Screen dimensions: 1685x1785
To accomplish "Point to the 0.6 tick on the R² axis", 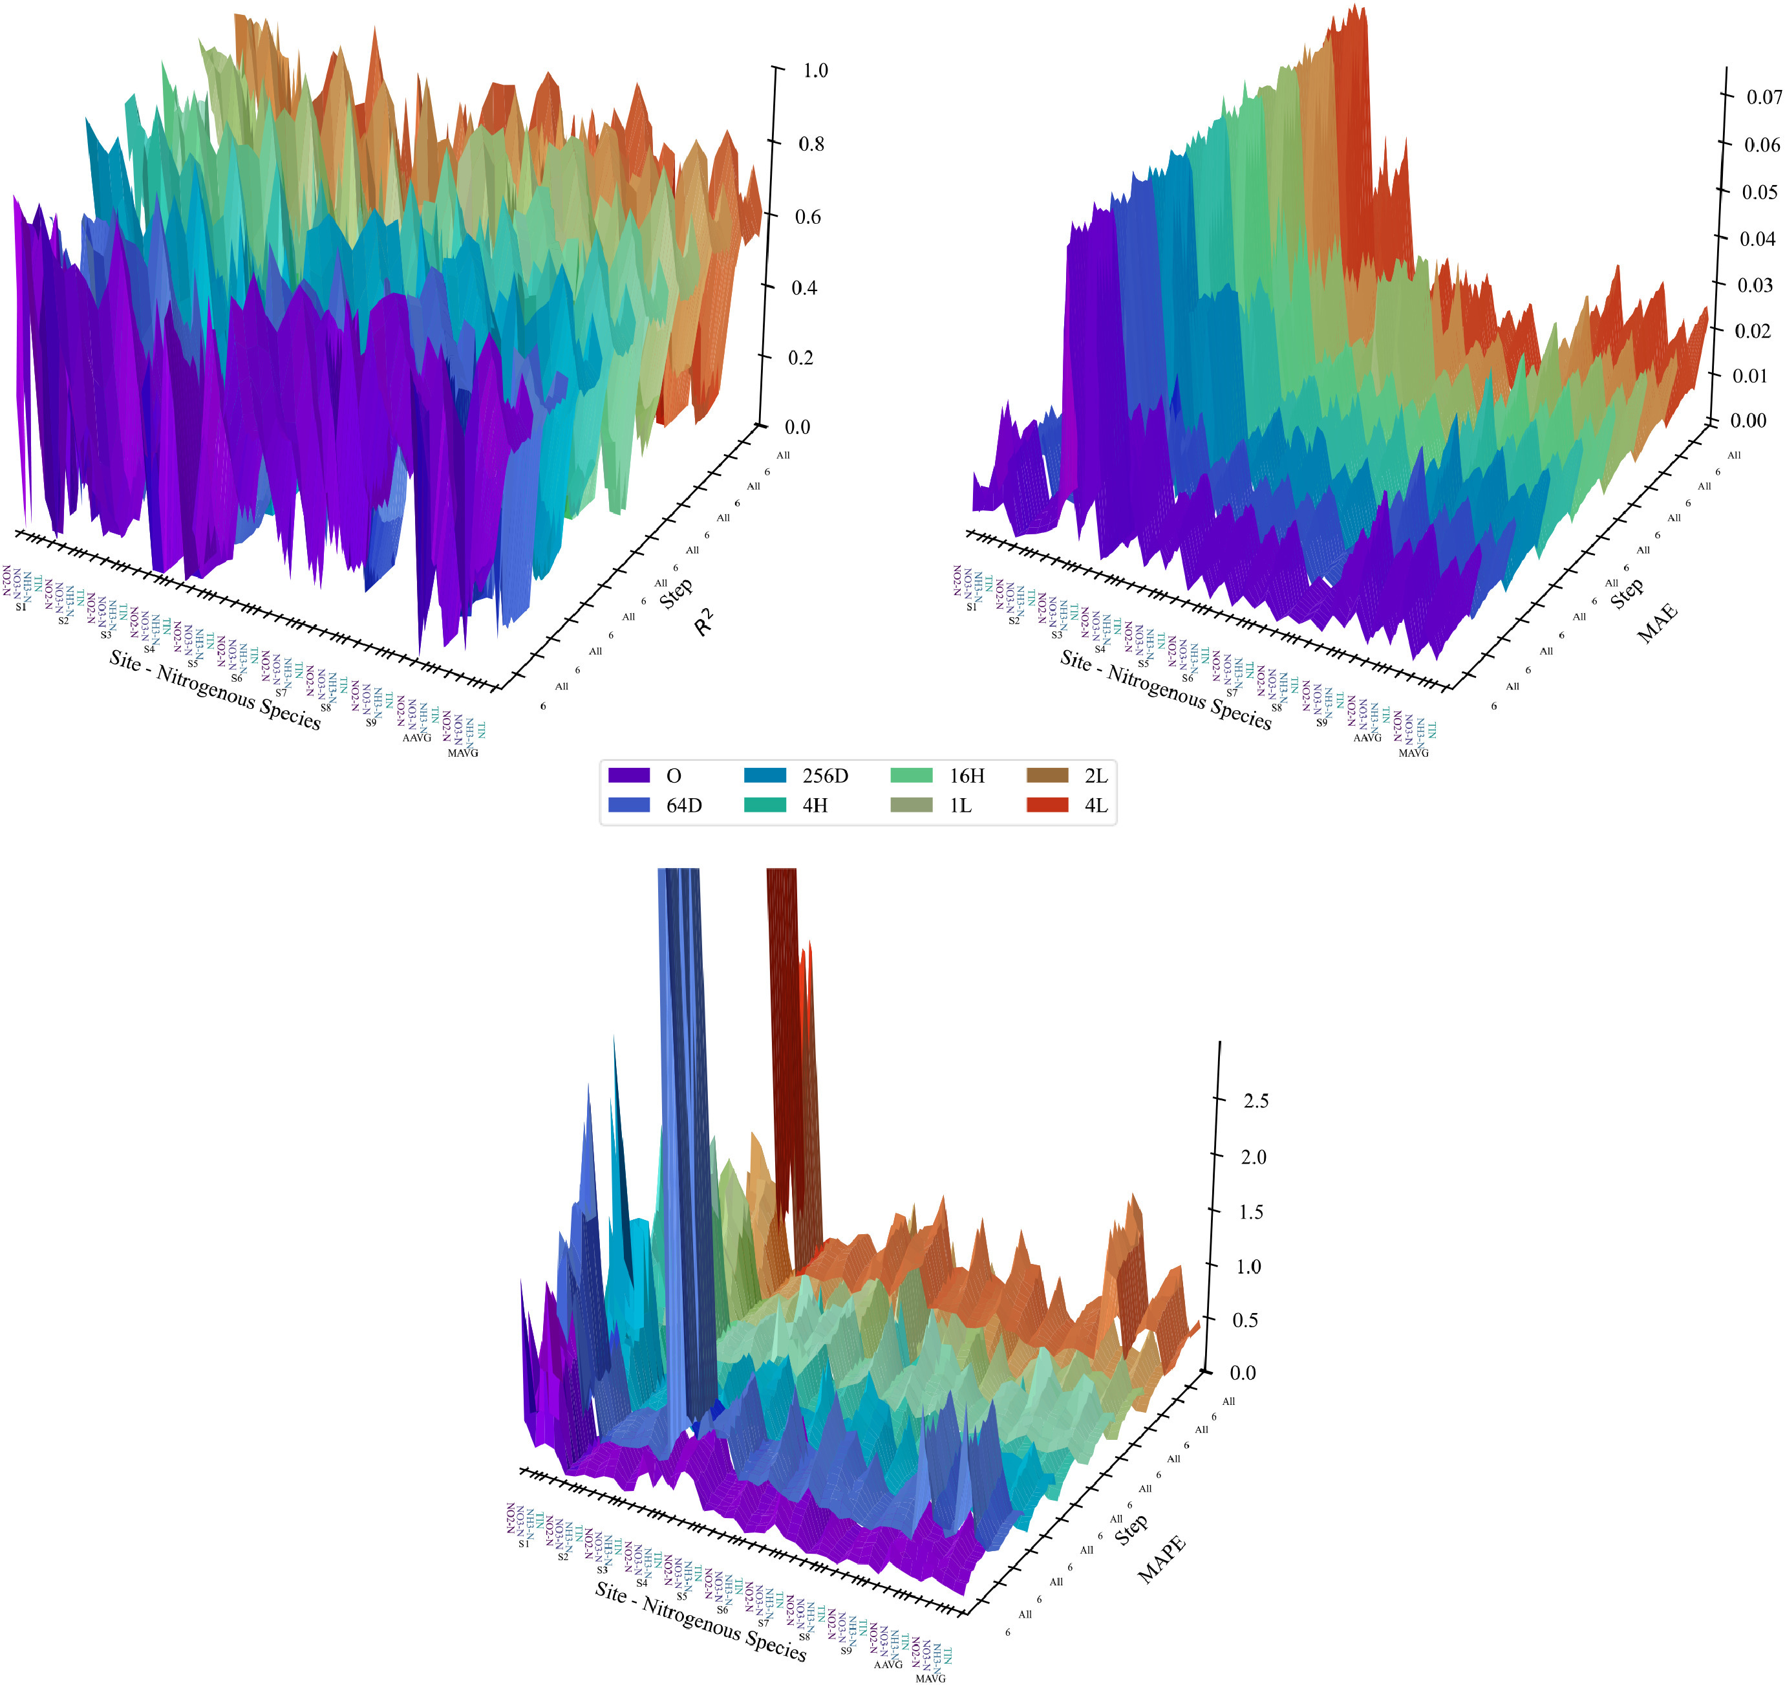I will (807, 217).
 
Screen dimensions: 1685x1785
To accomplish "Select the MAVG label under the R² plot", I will (464, 753).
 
